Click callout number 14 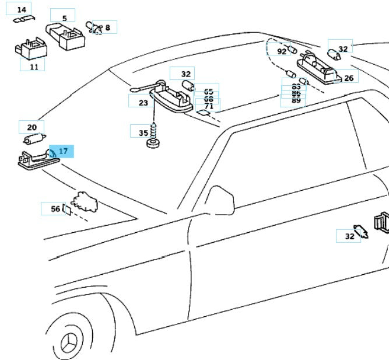point(22,10)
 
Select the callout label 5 point(64,19)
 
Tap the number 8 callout point(107,27)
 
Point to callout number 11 point(33,66)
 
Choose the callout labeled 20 point(32,127)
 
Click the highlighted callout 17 point(63,151)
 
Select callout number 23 point(143,102)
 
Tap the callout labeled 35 point(143,132)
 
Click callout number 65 point(208,92)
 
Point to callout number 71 point(208,107)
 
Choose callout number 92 point(282,51)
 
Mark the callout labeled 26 point(348,77)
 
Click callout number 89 point(296,100)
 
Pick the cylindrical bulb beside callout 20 point(35,139)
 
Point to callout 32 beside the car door point(349,236)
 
